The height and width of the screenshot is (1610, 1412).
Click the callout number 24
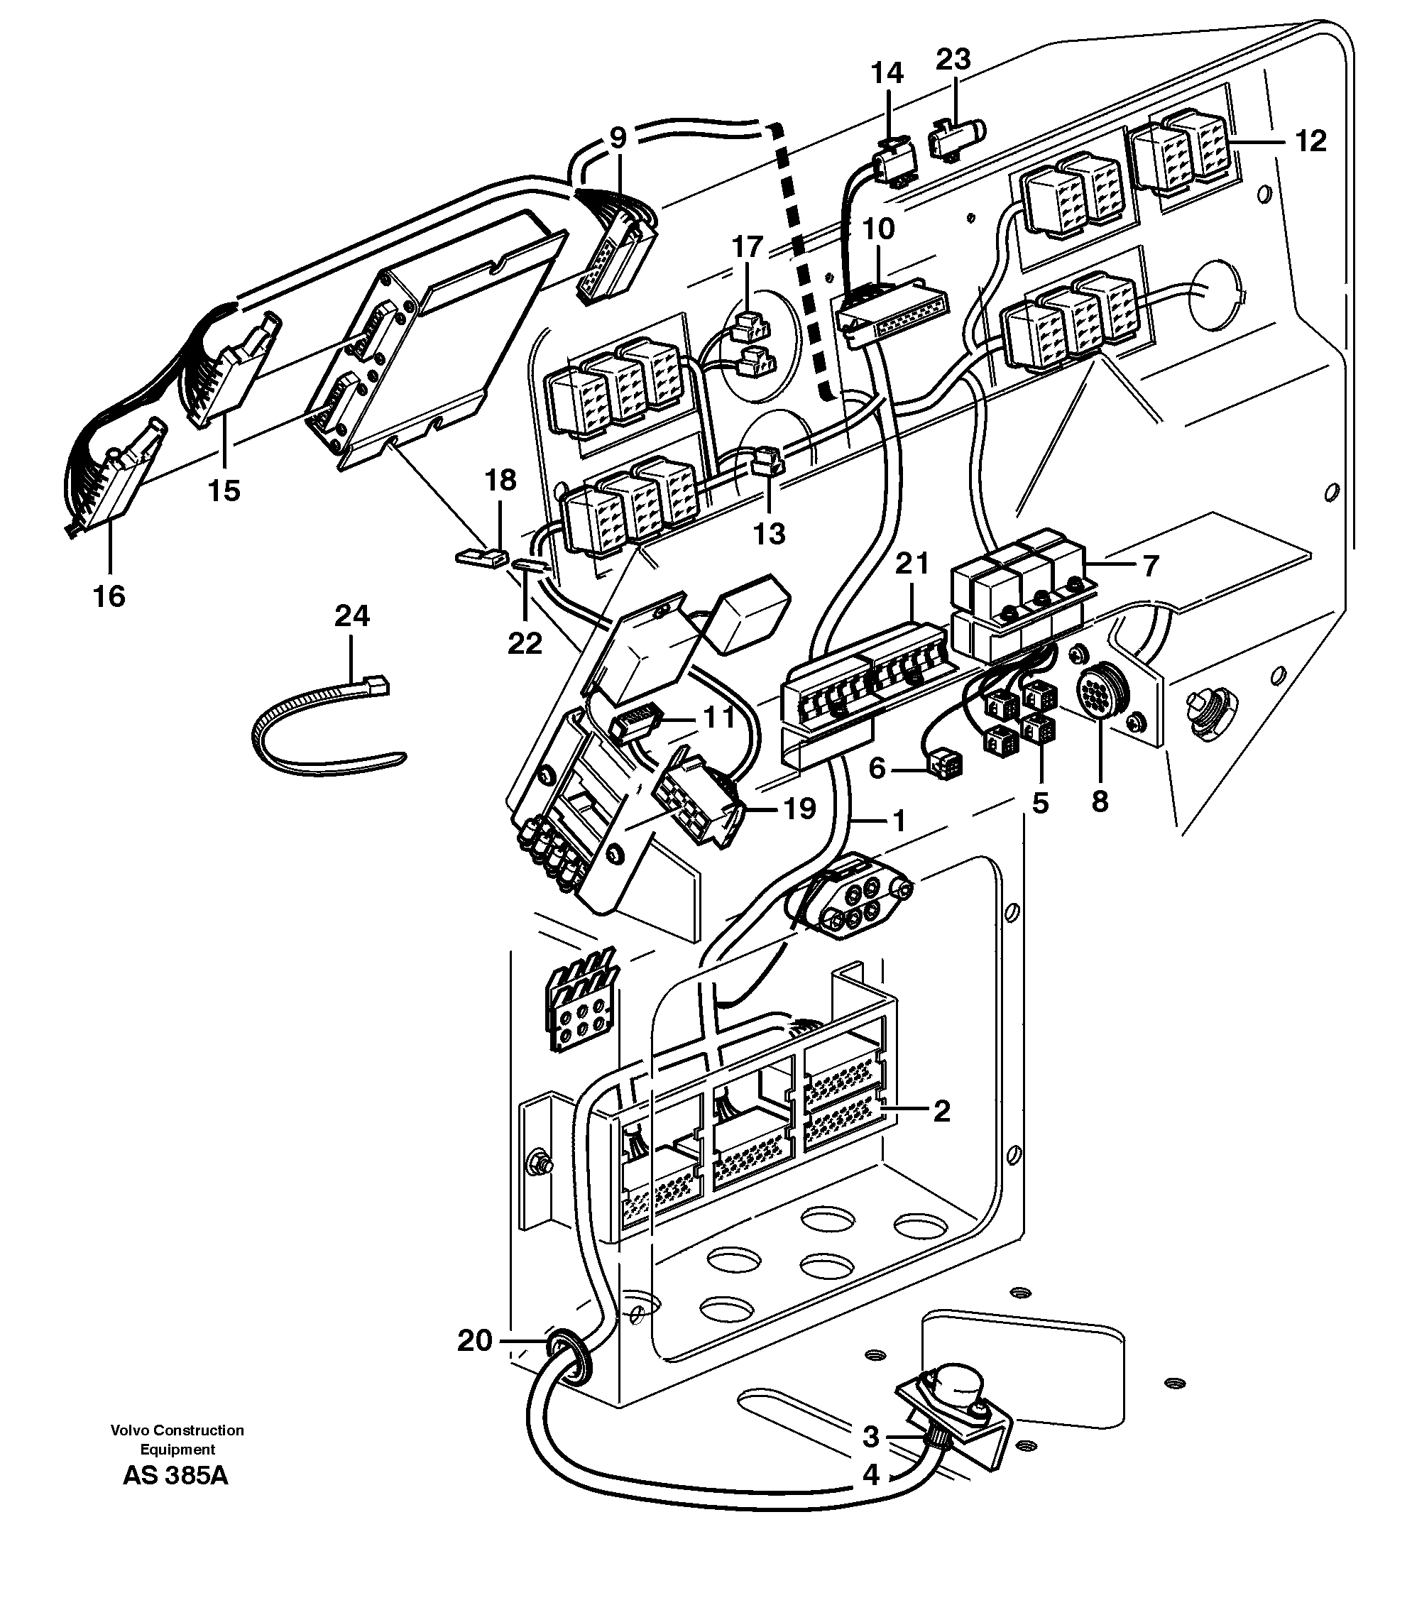point(351,615)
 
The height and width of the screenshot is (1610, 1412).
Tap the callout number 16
point(109,596)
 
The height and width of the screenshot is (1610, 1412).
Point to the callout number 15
point(224,491)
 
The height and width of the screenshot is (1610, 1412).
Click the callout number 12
point(1310,142)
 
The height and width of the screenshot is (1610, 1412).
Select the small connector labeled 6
point(943,763)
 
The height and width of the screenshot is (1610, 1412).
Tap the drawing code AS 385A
point(175,1475)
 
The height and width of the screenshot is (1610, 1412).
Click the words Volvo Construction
point(177,1430)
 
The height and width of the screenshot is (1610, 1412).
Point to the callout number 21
point(912,564)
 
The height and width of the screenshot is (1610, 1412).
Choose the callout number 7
point(1151,566)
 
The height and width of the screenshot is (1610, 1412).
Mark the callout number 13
point(770,534)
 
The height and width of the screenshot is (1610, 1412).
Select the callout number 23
point(953,59)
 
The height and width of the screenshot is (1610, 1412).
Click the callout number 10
point(878,229)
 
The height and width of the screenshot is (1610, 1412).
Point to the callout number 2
point(941,1112)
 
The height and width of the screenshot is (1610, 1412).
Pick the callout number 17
point(748,247)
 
